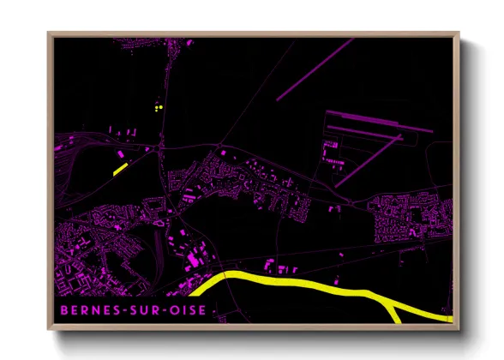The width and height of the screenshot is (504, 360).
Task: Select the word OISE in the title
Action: coord(188,309)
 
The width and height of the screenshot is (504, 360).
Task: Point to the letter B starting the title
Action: coord(63,309)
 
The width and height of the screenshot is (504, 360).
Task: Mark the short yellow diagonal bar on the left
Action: coord(120,169)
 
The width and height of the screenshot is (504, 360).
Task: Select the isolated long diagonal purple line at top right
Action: coord(315,69)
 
